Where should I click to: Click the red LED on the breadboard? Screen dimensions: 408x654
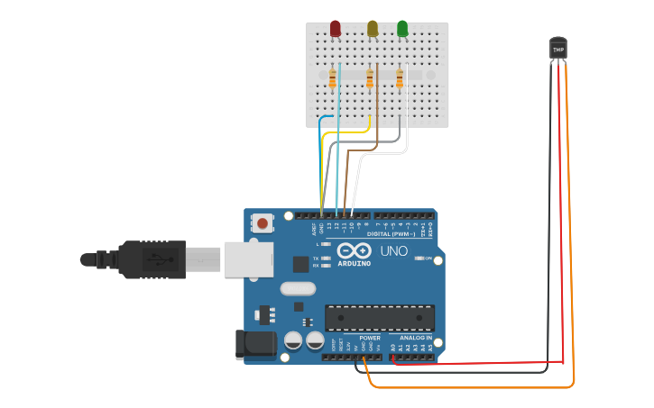(336, 30)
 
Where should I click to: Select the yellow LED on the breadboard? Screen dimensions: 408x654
(373, 30)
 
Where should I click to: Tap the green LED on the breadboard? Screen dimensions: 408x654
(402, 30)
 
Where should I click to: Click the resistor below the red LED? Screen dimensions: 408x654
(333, 79)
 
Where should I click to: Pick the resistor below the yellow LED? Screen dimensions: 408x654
(370, 79)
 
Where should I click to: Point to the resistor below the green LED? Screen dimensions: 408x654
(400, 79)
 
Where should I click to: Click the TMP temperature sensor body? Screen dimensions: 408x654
(558, 49)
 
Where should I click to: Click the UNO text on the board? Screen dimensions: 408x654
(393, 251)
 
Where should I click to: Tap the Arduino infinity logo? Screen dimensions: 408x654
(354, 250)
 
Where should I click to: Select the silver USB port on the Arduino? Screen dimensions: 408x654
(248, 258)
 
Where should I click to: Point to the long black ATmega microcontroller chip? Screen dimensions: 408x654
(380, 317)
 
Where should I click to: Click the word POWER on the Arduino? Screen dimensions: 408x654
(357, 338)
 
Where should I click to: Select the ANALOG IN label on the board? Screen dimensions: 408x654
(415, 338)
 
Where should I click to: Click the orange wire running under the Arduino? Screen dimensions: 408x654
(469, 387)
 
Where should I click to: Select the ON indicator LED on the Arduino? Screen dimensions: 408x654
(419, 258)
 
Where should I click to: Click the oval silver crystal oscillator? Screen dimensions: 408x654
(298, 289)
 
